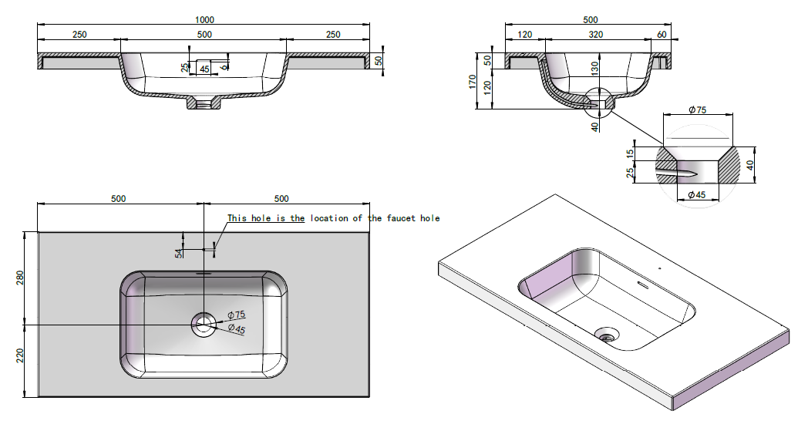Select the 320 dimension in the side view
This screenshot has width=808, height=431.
click(595, 35)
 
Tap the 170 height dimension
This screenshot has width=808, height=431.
click(474, 82)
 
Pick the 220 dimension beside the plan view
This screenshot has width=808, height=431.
click(21, 356)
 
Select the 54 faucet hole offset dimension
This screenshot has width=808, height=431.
click(179, 251)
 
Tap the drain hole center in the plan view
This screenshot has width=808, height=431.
click(204, 325)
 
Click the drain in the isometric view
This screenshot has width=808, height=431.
click(608, 335)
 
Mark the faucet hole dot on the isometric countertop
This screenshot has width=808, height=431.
click(659, 268)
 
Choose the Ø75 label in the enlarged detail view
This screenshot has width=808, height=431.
click(696, 110)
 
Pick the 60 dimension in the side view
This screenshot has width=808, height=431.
click(662, 35)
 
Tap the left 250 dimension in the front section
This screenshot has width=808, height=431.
click(79, 35)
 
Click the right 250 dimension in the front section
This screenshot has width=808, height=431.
click(333, 35)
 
